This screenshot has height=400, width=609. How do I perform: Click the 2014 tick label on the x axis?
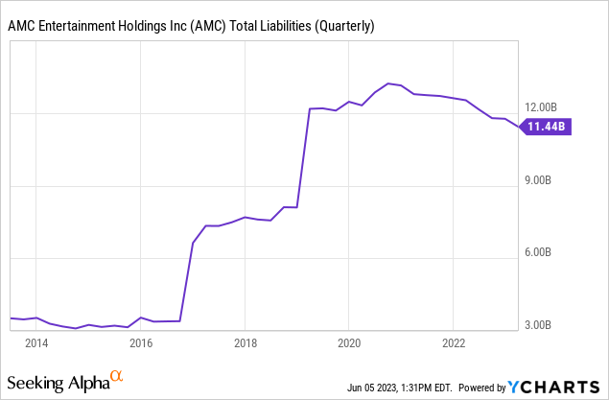[x=36, y=343]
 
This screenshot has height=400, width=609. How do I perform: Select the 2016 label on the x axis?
[x=141, y=343]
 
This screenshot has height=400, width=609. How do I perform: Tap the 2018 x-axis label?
[x=245, y=343]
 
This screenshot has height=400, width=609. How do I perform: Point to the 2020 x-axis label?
[x=349, y=343]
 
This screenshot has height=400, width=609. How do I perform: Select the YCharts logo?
[x=556, y=388]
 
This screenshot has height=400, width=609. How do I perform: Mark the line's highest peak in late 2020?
[x=387, y=83]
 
